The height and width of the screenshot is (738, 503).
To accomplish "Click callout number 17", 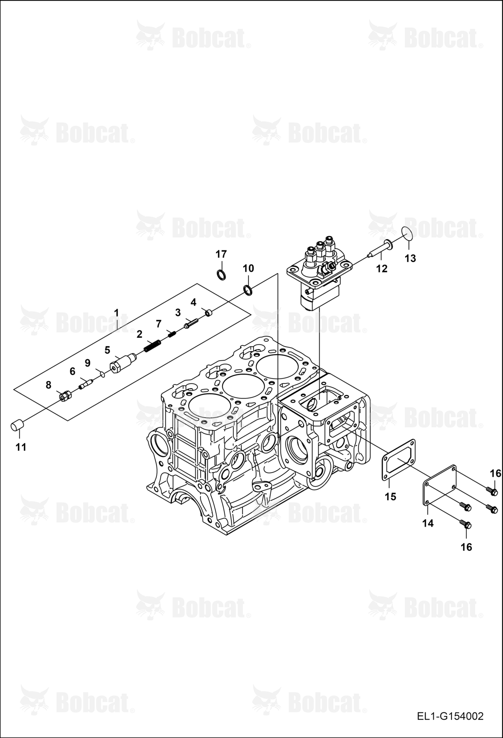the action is click(x=221, y=254).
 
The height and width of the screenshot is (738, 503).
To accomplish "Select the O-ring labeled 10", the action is click(x=248, y=290).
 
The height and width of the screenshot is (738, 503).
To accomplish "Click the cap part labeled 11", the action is click(x=17, y=425).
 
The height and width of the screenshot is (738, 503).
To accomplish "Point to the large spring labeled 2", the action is click(x=152, y=346).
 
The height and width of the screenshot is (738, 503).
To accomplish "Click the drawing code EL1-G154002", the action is click(x=450, y=717).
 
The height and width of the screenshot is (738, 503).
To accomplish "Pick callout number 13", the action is click(x=410, y=258).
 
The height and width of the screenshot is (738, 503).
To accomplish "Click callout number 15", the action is click(x=390, y=497).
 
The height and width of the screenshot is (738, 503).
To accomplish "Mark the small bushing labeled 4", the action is click(x=209, y=313).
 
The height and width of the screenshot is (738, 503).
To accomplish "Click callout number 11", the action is click(x=21, y=447).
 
